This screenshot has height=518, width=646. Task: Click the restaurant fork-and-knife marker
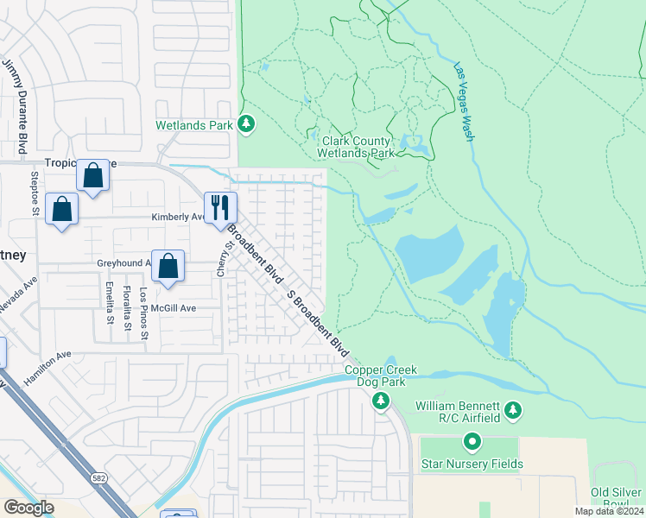pyautogui.click(x=219, y=207)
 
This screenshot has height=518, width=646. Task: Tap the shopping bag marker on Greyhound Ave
pyautogui.click(x=168, y=266)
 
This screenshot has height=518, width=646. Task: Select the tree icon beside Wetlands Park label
pyautogui.click(x=246, y=124)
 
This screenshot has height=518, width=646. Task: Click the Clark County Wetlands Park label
pyautogui.click(x=358, y=148)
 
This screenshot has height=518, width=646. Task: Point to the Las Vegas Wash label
pyautogui.click(x=464, y=99)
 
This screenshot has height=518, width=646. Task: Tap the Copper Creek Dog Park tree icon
pyautogui.click(x=380, y=400)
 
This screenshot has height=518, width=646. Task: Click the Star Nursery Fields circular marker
pyautogui.click(x=472, y=443)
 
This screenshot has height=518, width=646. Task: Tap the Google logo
pyautogui.click(x=28, y=508)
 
